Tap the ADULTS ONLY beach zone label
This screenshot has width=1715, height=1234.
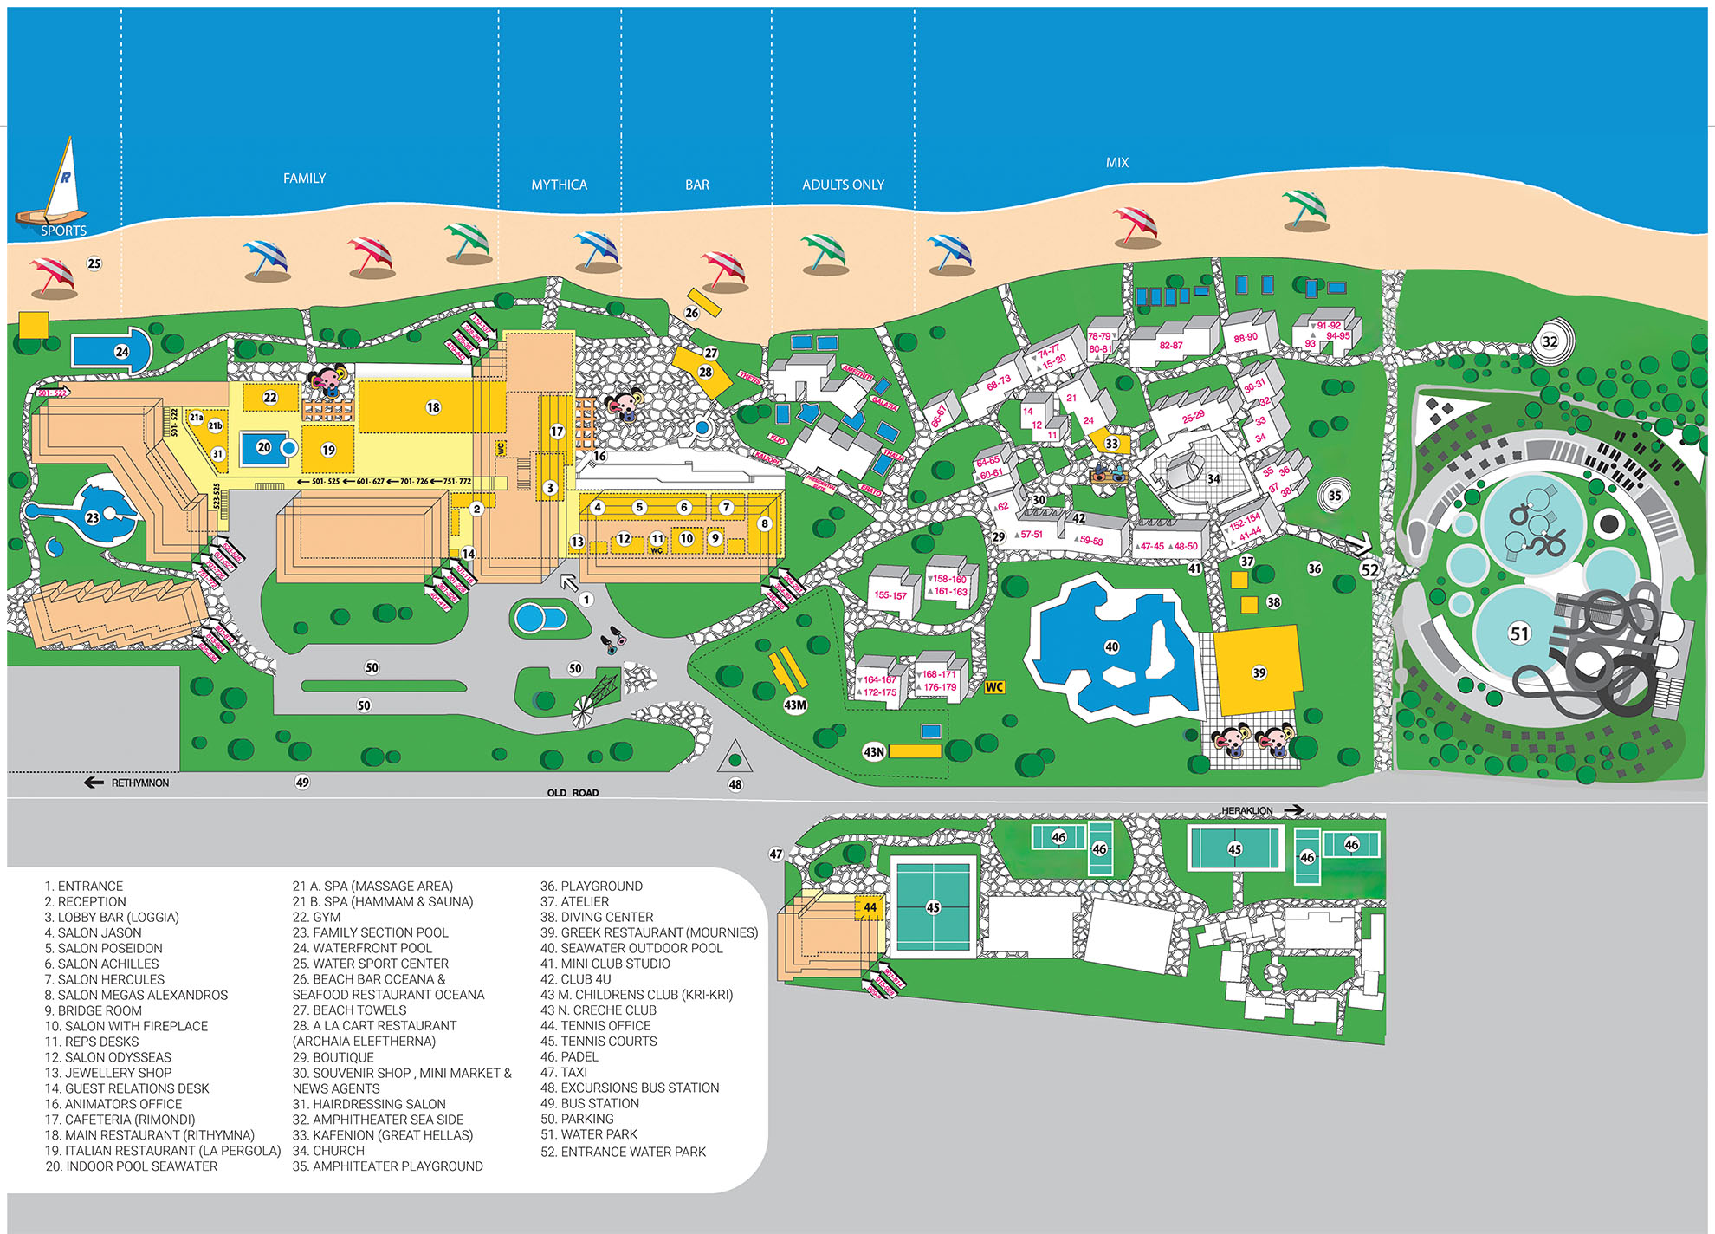(843, 185)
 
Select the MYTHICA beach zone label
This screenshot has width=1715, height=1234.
(559, 185)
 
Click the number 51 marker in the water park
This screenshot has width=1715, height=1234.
(1519, 633)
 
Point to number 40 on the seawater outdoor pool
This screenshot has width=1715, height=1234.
(1111, 646)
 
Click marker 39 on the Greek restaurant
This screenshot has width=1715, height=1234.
(1259, 672)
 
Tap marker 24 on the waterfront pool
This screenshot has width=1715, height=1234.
(122, 352)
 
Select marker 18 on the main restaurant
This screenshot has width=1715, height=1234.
(433, 407)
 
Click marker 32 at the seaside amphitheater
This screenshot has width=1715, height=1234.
(1550, 341)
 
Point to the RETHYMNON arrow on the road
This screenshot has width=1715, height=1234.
(94, 783)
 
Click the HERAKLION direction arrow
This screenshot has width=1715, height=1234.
(1292, 810)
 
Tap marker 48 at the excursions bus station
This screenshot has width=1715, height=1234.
(735, 784)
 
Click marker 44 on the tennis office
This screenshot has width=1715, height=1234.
(870, 907)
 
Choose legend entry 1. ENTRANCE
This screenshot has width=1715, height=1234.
(84, 886)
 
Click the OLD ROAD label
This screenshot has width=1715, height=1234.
(573, 792)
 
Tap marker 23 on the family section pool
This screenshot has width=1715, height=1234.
(93, 517)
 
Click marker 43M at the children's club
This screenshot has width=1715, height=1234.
(794, 705)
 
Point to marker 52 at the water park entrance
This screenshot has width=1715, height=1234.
(1369, 570)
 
